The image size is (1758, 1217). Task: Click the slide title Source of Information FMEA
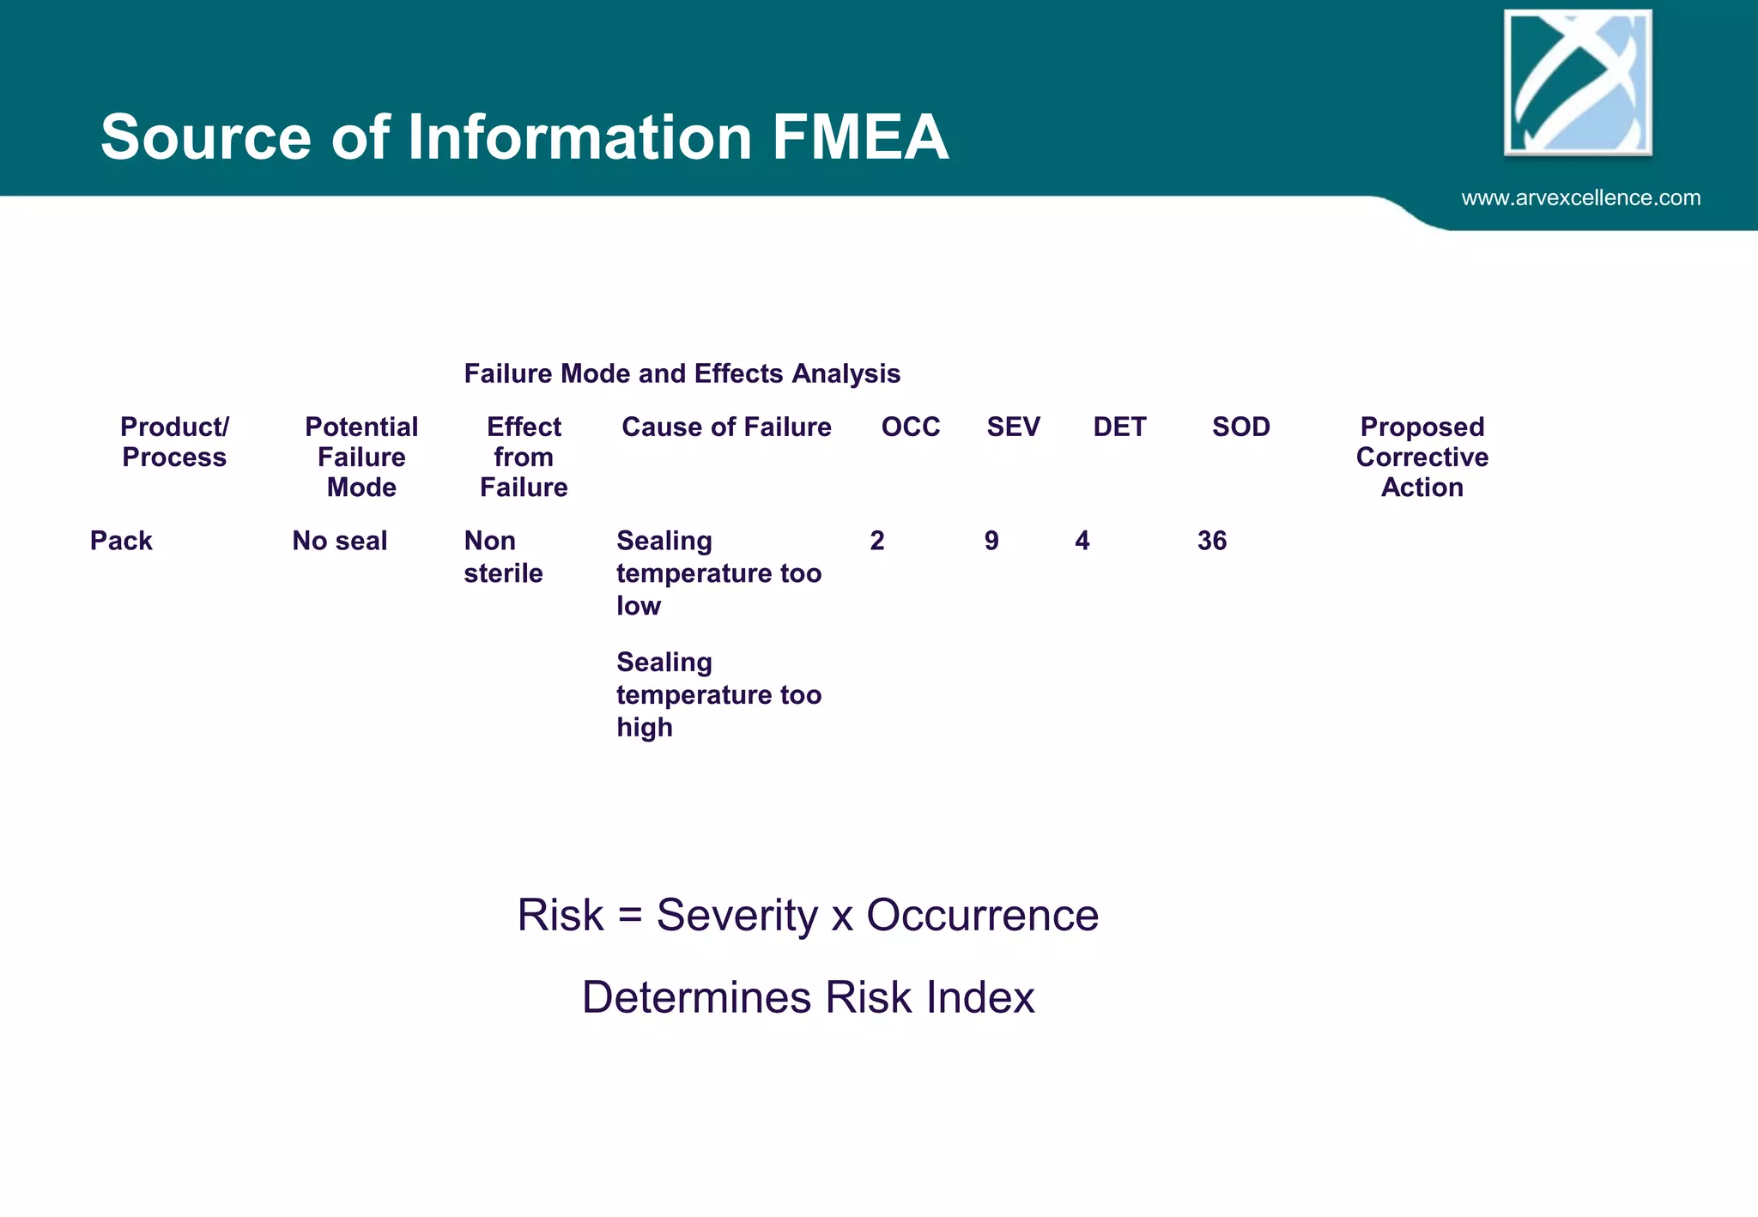coord(524,137)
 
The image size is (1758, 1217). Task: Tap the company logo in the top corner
coord(1578,83)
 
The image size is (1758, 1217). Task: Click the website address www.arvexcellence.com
coord(1580,198)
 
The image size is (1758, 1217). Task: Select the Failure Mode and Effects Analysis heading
coord(682,374)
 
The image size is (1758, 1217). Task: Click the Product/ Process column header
coord(174,442)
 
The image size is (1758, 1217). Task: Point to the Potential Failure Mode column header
coord(361,457)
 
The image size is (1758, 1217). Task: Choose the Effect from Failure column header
coord(524,457)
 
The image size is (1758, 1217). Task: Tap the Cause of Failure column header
coord(726,427)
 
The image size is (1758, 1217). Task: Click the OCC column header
coord(911,427)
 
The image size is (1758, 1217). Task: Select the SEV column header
coord(1013,427)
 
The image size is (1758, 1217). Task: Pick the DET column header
coord(1119,427)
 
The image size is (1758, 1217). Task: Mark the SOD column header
coord(1240,427)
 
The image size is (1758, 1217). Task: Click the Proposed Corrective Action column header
coord(1422,457)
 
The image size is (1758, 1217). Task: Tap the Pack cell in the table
coord(121,542)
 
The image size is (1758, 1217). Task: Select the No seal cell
coord(340,542)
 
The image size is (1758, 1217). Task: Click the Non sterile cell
coord(503,557)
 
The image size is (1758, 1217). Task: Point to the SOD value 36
coord(1212,542)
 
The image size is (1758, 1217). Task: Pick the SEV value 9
coord(991,542)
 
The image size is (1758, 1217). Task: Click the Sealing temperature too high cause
coord(718,694)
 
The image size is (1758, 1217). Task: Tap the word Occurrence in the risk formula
coord(982,916)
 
